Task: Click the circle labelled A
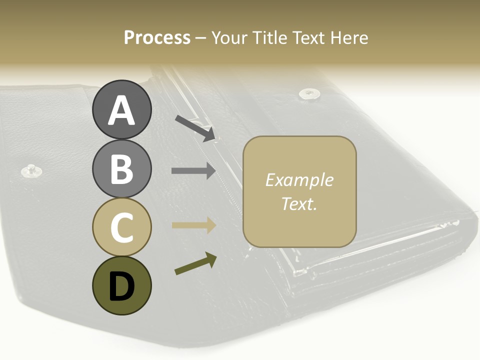tap(121, 110)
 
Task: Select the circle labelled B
tap(121, 169)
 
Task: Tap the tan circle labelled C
tap(121, 227)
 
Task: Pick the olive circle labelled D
tap(121, 286)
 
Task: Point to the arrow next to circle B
tap(193, 171)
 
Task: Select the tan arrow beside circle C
tap(193, 225)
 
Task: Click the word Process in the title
tap(157, 38)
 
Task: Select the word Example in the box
tap(299, 180)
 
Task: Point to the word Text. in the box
tap(299, 203)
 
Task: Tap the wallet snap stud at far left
tap(31, 170)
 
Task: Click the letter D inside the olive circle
tap(121, 286)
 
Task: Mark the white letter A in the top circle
tap(121, 110)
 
